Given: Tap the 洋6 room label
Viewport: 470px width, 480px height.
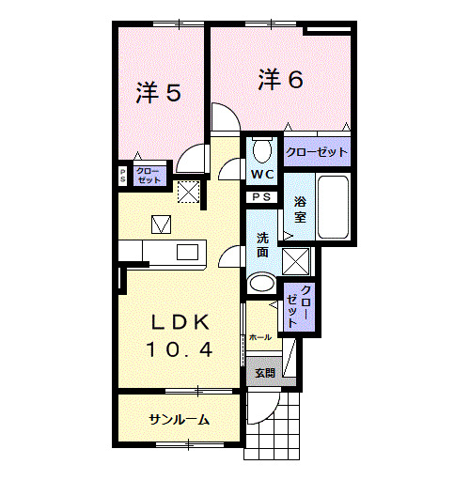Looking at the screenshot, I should [x=280, y=80].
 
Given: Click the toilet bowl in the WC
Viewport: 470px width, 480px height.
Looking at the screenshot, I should [x=261, y=150].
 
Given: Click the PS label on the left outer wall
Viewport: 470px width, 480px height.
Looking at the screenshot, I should [x=122, y=176].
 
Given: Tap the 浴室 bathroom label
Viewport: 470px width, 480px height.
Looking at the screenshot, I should [x=300, y=209].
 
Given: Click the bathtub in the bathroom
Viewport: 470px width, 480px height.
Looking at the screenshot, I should [x=334, y=207].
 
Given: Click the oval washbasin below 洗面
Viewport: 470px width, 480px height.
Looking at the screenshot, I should [x=261, y=284].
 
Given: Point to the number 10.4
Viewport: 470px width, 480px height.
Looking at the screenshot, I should [x=179, y=349].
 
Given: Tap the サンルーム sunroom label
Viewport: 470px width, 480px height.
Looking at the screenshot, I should [x=179, y=419].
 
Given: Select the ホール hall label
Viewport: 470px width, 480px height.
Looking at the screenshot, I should [x=260, y=336].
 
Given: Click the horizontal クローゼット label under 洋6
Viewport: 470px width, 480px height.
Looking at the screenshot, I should [x=317, y=151].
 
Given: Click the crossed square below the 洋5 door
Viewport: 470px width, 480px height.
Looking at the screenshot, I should [x=189, y=192].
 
